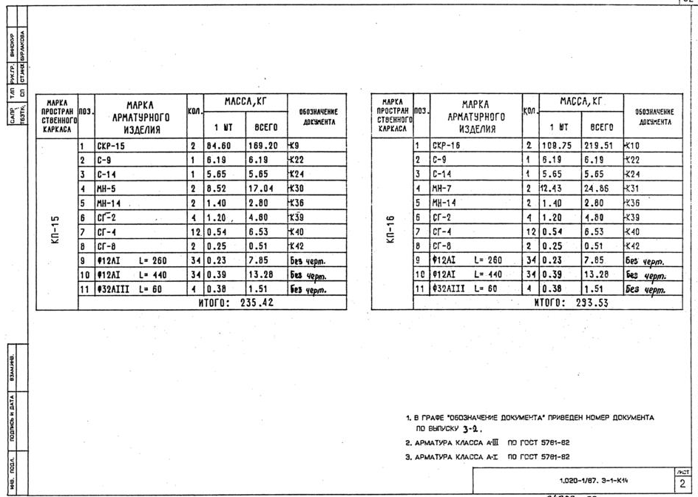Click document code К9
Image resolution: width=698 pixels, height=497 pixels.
coord(297,146)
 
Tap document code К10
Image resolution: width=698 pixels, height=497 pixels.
coord(634,146)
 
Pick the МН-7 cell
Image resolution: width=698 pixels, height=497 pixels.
coord(443,188)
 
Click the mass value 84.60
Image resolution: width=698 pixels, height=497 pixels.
coord(217,146)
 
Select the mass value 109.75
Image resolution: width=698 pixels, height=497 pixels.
coord(556,146)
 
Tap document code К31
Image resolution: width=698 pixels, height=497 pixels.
coord(634,188)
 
